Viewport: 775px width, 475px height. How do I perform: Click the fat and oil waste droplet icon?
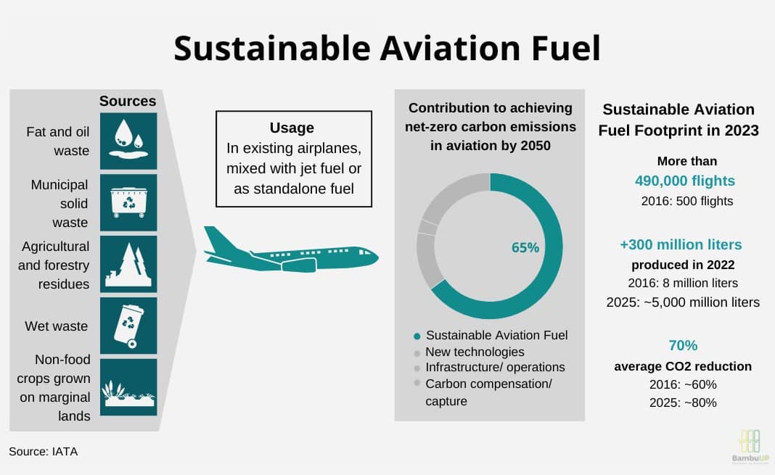(x=128, y=141)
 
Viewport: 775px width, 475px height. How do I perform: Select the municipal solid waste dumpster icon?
(x=128, y=202)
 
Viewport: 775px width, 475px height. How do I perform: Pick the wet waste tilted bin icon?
(x=128, y=326)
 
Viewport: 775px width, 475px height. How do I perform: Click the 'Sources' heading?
(x=128, y=102)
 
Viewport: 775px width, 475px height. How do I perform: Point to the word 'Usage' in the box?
(x=292, y=128)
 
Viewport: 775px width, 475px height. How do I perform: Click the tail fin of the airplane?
(x=219, y=239)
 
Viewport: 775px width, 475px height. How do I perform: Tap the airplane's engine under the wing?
(x=298, y=265)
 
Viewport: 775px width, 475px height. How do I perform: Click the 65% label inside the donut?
(x=525, y=247)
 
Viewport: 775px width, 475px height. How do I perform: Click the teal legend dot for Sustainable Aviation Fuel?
(x=417, y=336)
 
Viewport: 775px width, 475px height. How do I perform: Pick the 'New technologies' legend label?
(x=475, y=352)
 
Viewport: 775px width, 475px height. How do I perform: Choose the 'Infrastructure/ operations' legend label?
(x=495, y=368)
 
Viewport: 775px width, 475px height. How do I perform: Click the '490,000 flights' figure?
(x=684, y=181)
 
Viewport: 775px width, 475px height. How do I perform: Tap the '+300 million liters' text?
(x=681, y=244)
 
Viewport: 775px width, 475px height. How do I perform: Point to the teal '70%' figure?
(x=683, y=345)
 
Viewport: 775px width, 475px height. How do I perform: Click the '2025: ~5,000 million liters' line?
(x=683, y=302)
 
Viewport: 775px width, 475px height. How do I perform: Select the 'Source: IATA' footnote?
(x=43, y=451)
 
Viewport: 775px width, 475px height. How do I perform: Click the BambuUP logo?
(x=750, y=447)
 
